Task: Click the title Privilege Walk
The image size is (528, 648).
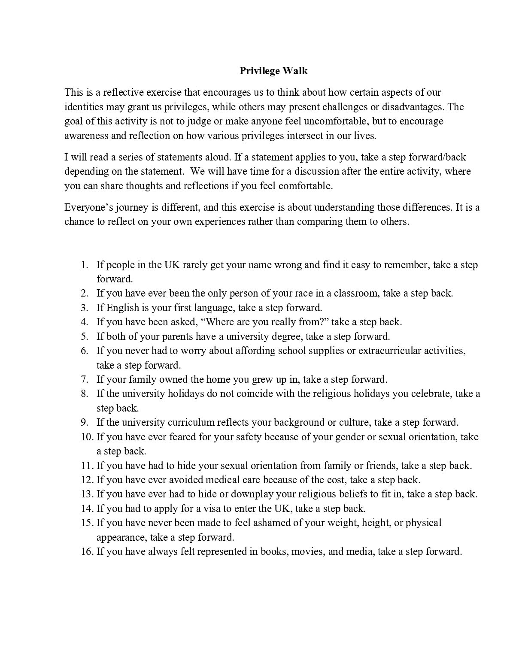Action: coord(273,71)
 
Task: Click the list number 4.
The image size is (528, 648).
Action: coord(85,322)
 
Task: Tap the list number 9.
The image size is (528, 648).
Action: coord(85,422)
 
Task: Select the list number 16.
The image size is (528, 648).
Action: coord(87,551)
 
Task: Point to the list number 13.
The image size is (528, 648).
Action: coord(87,494)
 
